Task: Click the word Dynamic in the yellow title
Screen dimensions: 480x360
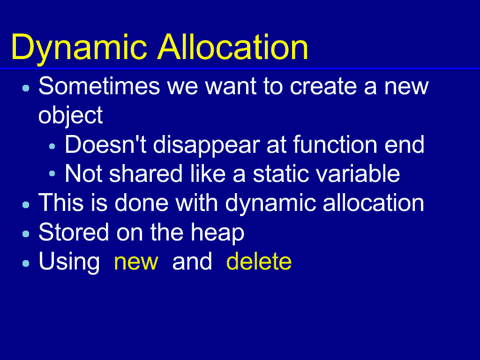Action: pyautogui.click(x=79, y=48)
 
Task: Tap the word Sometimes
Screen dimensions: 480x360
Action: pyautogui.click(x=99, y=86)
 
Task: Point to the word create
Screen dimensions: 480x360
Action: pyautogui.click(x=323, y=86)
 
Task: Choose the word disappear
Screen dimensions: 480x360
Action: pyautogui.click(x=206, y=146)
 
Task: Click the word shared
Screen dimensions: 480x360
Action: pyautogui.click(x=146, y=173)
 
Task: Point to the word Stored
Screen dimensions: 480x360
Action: pyautogui.click(x=74, y=232)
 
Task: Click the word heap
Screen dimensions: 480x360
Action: pyautogui.click(x=217, y=233)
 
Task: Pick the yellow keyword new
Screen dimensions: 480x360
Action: pyautogui.click(x=136, y=262)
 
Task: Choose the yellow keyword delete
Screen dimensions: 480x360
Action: pyautogui.click(x=259, y=261)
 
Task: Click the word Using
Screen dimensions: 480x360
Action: pyautogui.click(x=69, y=262)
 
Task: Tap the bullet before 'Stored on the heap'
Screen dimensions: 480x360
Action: pyautogui.click(x=26, y=234)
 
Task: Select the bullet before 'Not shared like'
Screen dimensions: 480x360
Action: pyautogui.click(x=52, y=174)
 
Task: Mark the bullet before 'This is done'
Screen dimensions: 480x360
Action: pyautogui.click(x=26, y=204)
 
